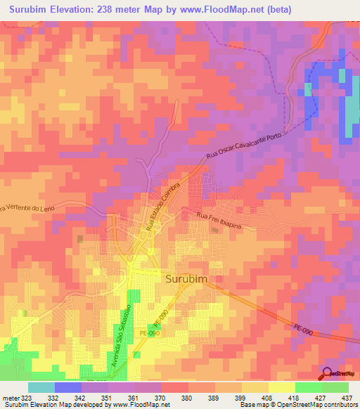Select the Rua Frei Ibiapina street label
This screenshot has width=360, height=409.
pos(221,216)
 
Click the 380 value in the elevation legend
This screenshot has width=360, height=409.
pos(167,397)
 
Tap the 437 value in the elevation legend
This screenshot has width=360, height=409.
pos(347,397)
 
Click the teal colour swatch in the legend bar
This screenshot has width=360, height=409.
pos(41,387)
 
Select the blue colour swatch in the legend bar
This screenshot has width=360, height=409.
pos(68,387)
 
